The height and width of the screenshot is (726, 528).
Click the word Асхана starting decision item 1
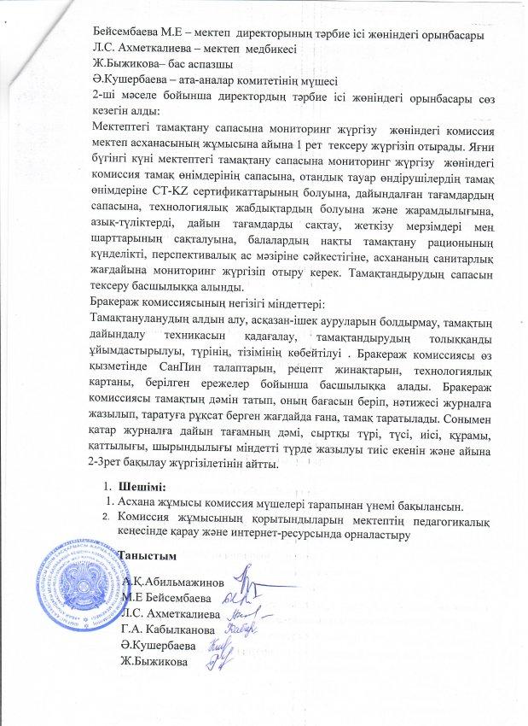138,502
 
